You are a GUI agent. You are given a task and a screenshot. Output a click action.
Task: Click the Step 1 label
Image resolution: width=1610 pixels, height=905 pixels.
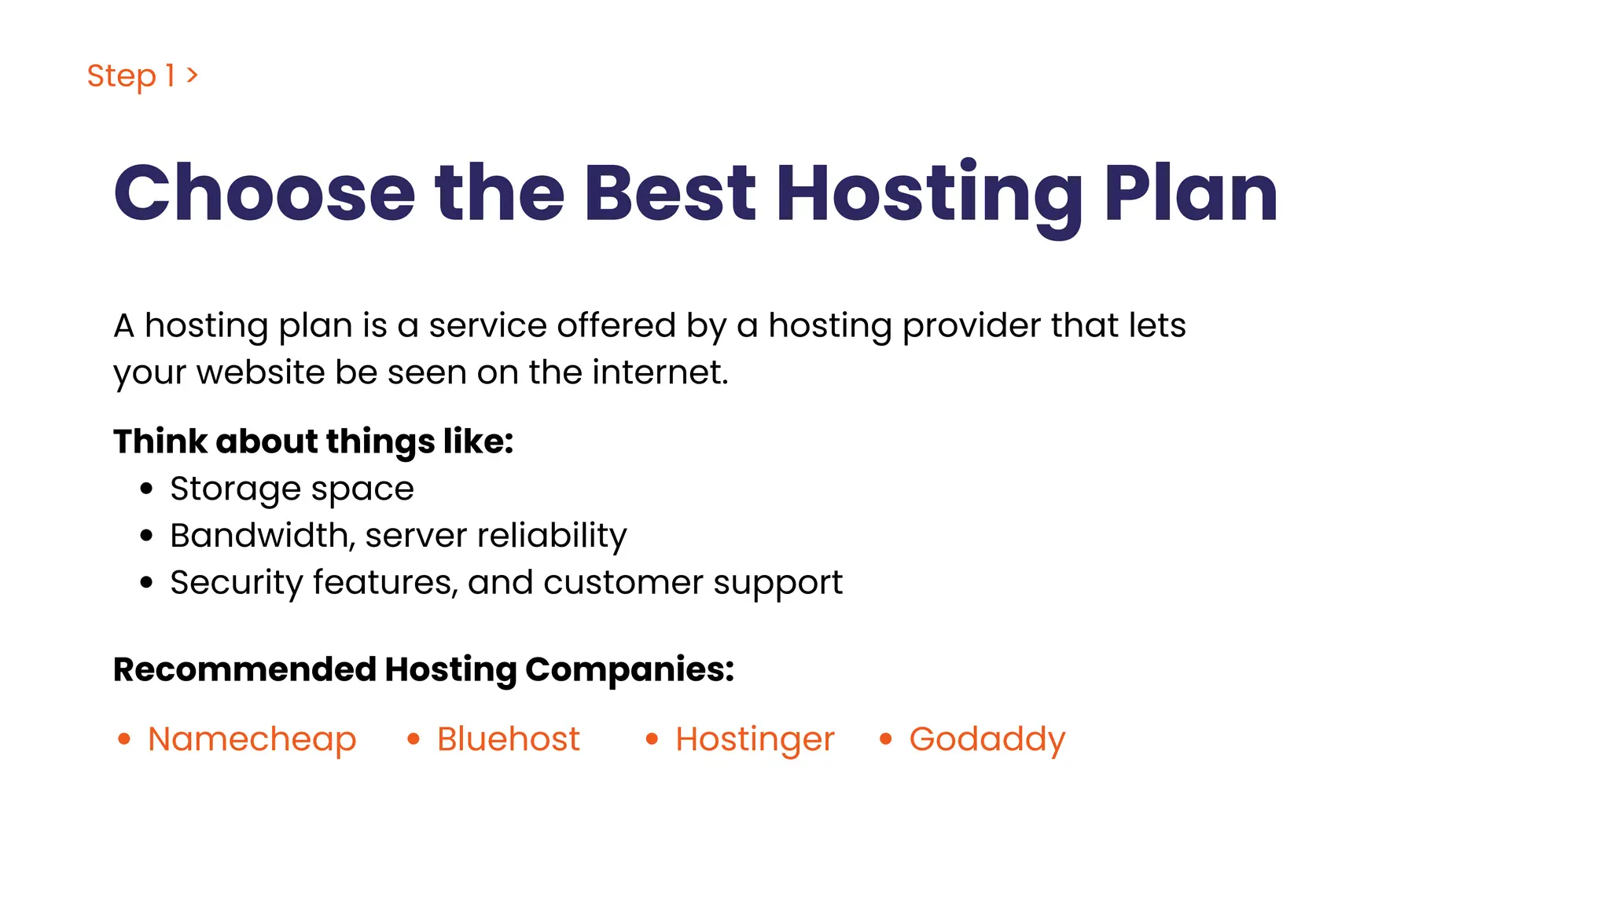point(130,76)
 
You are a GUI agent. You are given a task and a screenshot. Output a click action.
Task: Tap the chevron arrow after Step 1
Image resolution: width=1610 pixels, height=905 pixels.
point(193,75)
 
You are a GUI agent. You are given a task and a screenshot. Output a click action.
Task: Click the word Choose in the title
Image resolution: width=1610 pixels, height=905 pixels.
point(264,193)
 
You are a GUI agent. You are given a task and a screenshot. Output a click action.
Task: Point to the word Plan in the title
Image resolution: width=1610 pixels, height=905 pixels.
point(1190,193)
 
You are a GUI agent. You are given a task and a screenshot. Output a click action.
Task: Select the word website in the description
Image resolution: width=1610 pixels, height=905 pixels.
point(260,372)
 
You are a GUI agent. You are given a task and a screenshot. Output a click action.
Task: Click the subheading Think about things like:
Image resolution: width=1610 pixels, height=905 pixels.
point(313,442)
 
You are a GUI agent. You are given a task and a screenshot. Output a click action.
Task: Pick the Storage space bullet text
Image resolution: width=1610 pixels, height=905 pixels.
point(292,489)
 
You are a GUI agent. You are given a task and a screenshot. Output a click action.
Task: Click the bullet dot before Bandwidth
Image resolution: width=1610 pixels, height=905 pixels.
point(146,536)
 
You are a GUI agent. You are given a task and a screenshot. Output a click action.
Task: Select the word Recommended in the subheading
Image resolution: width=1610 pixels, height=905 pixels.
point(244,669)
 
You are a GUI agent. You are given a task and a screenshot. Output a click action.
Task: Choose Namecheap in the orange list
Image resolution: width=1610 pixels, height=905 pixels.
point(252,739)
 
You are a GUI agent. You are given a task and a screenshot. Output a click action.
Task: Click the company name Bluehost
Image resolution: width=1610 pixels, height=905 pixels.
point(508,739)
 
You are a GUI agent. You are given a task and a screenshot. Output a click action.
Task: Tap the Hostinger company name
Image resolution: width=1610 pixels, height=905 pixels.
point(754,739)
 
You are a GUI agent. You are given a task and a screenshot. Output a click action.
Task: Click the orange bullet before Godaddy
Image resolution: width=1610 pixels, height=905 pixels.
point(886,739)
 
